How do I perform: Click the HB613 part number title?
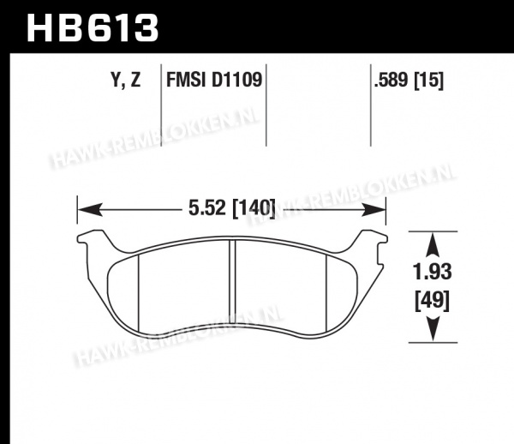[93, 28]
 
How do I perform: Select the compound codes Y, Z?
[126, 80]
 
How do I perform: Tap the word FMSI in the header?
[187, 80]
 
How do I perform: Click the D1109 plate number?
[237, 80]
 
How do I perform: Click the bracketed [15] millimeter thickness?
[429, 81]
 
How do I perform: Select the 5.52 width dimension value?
[207, 207]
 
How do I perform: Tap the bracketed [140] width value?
[254, 208]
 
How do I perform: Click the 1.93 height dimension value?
[433, 273]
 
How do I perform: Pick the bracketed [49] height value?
[433, 301]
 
